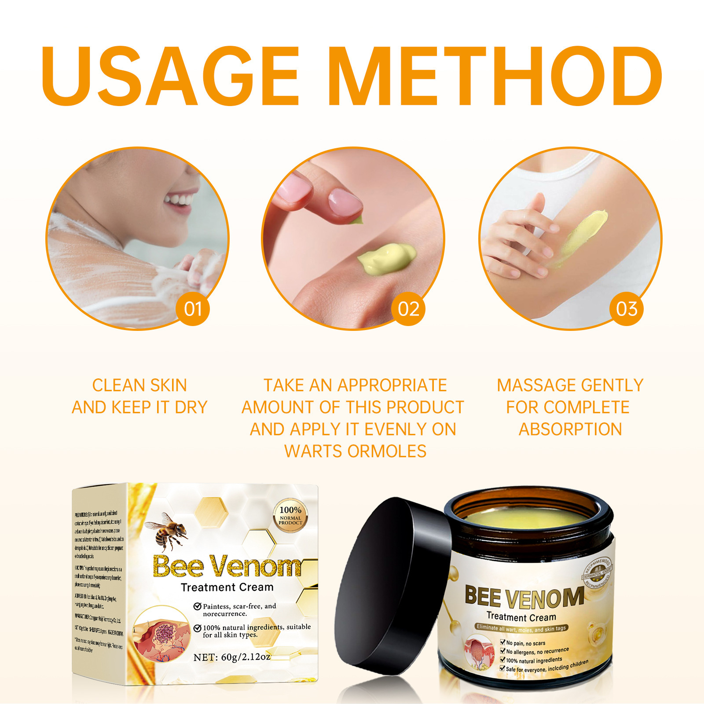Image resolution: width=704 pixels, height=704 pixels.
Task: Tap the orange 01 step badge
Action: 193,309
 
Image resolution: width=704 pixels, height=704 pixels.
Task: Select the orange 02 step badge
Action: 408,309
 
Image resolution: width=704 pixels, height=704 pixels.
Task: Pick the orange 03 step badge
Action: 627,309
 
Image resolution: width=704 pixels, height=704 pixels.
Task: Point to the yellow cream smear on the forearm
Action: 585,233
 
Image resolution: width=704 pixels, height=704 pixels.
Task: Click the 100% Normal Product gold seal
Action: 290,516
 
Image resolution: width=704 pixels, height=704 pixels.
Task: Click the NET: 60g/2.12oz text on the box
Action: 232,657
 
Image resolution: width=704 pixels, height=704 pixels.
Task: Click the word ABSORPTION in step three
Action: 570,429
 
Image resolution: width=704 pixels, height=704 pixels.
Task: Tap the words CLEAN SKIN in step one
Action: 139,385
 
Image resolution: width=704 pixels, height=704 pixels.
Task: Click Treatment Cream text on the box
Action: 227,587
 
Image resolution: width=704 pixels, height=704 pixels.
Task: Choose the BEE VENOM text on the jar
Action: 524,597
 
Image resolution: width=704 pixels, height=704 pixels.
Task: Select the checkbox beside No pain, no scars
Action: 502,642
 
